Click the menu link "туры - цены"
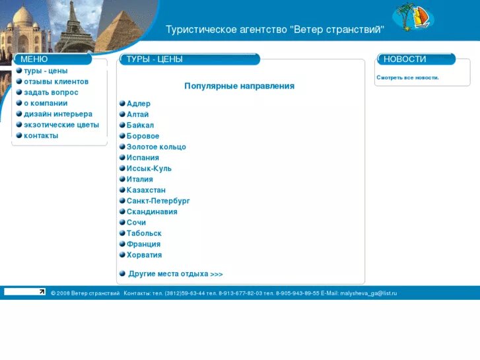coord(46,71)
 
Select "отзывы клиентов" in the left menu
coord(56,82)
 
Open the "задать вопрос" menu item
coord(51,92)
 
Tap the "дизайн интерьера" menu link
coord(58,114)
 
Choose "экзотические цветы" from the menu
coord(61,125)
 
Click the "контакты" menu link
coord(41,135)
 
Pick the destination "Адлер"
coord(139,104)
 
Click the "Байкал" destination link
coord(140,126)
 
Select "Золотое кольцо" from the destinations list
coord(156,147)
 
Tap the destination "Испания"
coord(143,158)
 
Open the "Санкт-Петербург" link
coord(158,201)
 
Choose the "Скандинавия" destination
coord(152,212)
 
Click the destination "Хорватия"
coord(144,255)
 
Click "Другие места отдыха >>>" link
coord(176,274)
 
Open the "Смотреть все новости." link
coord(407,78)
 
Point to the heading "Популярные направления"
coord(239,86)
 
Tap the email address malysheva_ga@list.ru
coord(368,293)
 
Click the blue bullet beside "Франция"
coord(122,244)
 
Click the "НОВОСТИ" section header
coord(405,59)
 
